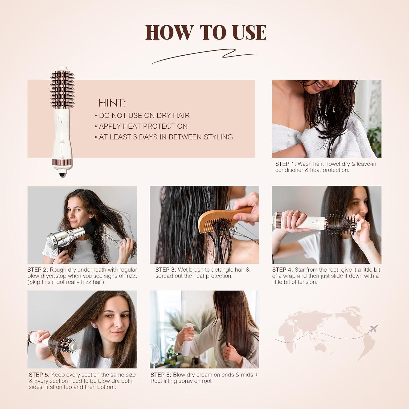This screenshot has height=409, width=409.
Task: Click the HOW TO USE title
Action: [206, 32]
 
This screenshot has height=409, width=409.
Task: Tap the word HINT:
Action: [112, 103]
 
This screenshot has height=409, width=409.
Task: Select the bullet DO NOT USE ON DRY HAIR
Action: [144, 115]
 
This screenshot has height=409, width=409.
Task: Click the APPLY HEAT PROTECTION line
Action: [143, 126]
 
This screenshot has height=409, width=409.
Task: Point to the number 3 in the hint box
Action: [135, 137]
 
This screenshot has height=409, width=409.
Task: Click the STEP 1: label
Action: [285, 164]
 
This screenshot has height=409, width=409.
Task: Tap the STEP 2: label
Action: [38, 270]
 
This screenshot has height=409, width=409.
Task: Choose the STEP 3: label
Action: [166, 270]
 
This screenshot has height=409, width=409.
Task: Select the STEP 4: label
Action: [282, 270]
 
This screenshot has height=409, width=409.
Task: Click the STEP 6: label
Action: [161, 375]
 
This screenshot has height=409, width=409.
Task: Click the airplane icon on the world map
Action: [373, 329]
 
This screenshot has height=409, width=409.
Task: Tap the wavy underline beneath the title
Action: [204, 56]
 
